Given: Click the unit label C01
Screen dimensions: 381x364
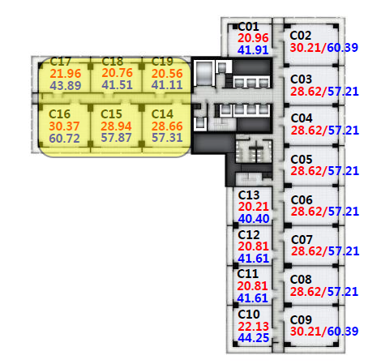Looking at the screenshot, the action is coord(249,27).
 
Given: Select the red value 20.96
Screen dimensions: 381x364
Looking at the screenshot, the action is coord(253,38).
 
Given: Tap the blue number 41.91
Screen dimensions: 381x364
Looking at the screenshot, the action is coord(253,50).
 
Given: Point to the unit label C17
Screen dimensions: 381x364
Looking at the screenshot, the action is coord(61,62).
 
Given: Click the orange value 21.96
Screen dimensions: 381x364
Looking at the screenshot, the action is coord(66,74).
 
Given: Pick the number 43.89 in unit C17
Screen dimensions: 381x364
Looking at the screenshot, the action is coord(66,86).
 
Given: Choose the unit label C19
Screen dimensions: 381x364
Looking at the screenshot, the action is coord(162,62).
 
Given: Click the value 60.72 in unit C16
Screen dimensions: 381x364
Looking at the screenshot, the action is coord(64,139).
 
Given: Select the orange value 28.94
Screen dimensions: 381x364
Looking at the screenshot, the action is coord(116,126).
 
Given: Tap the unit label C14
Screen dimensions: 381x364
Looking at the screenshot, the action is coord(162,114).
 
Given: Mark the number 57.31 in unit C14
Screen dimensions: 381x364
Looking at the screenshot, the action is coord(167,138).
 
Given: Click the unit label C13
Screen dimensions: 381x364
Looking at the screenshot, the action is coord(249,195).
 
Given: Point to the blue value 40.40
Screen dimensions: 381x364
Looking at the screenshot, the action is coord(254,219).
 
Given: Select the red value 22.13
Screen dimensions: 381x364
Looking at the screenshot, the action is coord(254,327).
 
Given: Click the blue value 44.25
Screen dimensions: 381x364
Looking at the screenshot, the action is coord(254,338).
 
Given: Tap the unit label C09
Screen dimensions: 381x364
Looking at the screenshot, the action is coord(301,320).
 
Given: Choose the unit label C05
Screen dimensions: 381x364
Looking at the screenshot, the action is coord(302,160).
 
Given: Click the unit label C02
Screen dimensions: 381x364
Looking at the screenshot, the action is coord(301,36).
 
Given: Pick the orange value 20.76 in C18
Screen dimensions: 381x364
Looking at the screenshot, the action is coord(118,73).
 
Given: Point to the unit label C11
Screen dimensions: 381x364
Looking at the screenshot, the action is coord(248,274).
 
